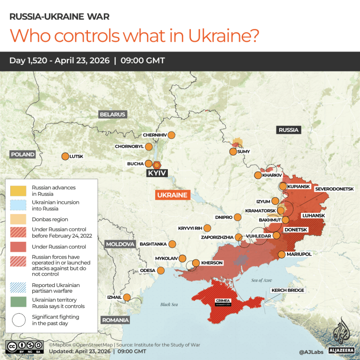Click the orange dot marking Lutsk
[65, 157]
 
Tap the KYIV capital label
[157, 173]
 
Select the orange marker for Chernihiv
[171, 135]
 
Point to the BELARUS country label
[112, 115]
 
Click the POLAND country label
[22, 154]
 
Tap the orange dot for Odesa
[161, 270]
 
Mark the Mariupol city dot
[281, 254]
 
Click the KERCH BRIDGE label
[288, 290]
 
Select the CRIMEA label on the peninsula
[223, 301]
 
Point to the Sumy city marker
[233, 151]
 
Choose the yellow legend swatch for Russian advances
[18, 190]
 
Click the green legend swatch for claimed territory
[18, 302]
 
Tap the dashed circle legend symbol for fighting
[18, 320]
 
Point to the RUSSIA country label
[288, 130]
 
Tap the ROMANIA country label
[115, 320]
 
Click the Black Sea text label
[169, 304]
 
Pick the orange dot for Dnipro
[238, 217]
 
